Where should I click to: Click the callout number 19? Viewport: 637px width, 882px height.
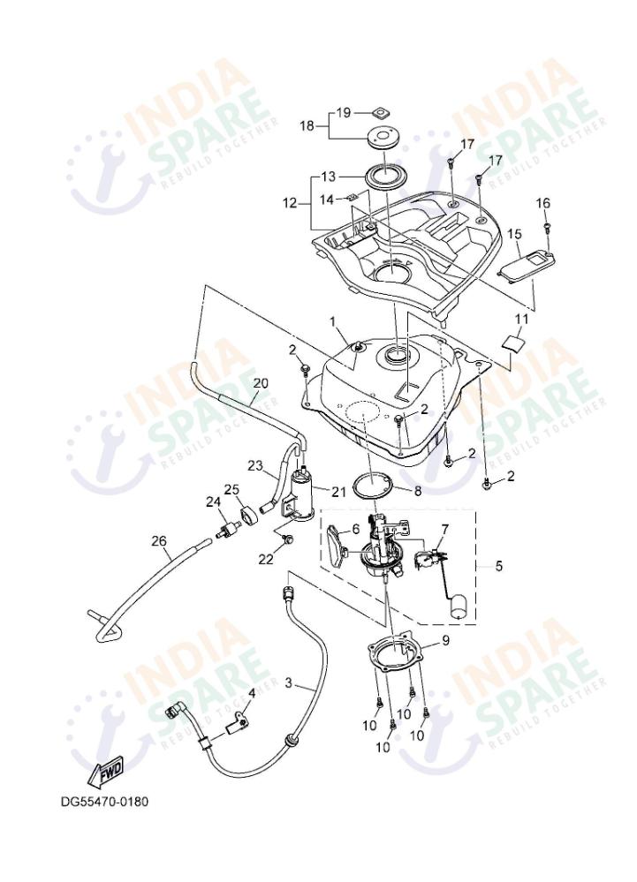[343, 112]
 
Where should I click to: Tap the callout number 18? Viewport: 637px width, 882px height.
[306, 126]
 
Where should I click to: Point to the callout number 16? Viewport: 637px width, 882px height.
[543, 203]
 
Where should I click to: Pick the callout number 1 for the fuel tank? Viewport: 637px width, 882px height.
[332, 320]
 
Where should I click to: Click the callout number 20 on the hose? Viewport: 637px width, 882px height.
[259, 383]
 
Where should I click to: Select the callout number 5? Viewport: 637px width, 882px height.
[499, 566]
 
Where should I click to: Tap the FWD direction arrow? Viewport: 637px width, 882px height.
[105, 773]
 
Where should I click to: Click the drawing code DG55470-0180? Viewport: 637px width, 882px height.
[104, 803]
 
